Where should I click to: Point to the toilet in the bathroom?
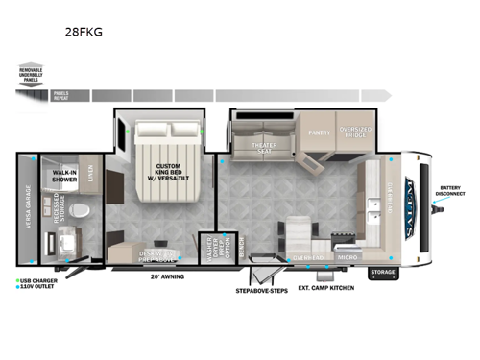click(82, 211)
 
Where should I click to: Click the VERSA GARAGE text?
click(29, 207)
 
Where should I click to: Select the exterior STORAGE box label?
click(382, 272)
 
